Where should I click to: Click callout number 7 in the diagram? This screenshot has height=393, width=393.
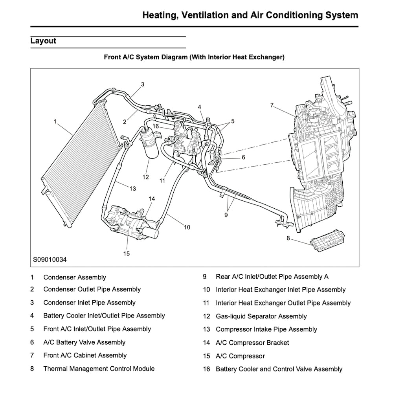pyautogui.click(x=272, y=105)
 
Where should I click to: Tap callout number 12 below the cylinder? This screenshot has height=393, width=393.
pyautogui.click(x=146, y=177)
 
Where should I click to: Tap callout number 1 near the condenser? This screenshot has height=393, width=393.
pyautogui.click(x=55, y=121)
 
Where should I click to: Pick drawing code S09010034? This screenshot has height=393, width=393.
pyautogui.click(x=50, y=259)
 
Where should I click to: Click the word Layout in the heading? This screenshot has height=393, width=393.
pyautogui.click(x=43, y=41)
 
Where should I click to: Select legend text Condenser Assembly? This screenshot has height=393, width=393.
pyautogui.click(x=75, y=277)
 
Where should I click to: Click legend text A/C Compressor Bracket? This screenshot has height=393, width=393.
pyautogui.click(x=252, y=343)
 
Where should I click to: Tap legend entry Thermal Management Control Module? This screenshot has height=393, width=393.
pyautogui.click(x=99, y=369)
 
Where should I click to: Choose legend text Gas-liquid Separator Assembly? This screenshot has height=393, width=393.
pyautogui.click(x=261, y=316)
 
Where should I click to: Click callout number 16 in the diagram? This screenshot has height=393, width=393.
pyautogui.click(x=155, y=127)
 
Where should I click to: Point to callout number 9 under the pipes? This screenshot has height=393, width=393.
pyautogui.click(x=226, y=215)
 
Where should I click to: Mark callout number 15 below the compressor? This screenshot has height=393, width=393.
pyautogui.click(x=126, y=253)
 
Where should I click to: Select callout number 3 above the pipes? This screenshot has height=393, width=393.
pyautogui.click(x=143, y=84)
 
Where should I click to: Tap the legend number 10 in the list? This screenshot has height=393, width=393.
pyautogui.click(x=207, y=290)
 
